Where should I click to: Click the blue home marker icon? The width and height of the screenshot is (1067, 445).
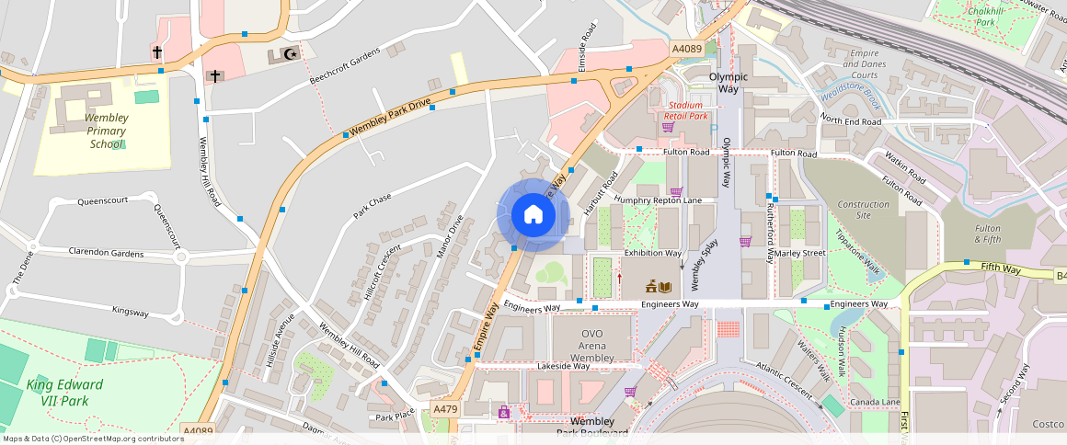(533, 215)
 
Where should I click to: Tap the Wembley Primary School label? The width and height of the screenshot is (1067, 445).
(107, 131)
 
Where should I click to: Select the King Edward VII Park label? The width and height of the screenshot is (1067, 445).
(63, 392)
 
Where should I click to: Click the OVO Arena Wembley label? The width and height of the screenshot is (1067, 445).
(591, 345)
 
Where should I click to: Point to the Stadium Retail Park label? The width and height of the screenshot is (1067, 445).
(686, 110)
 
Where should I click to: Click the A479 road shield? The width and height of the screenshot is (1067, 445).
(444, 409)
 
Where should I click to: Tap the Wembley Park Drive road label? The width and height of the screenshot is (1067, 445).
(390, 118)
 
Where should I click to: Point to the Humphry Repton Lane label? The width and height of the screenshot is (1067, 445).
(658, 200)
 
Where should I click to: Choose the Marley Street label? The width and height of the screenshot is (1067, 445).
(799, 253)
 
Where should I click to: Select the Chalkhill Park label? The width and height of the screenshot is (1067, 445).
(986, 17)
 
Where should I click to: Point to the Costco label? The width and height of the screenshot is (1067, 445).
(1047, 424)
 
